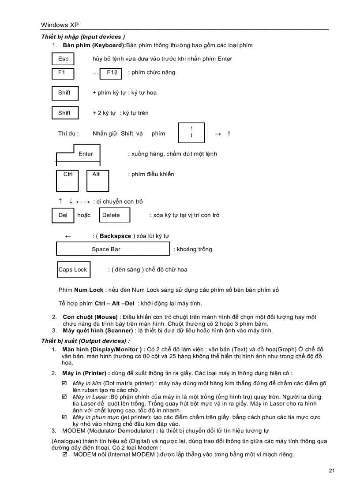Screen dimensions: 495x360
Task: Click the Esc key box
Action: click(63, 59)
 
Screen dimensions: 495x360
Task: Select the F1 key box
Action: click(63, 73)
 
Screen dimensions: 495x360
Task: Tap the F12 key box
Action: click(112, 73)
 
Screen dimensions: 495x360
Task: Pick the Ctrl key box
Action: click(68, 180)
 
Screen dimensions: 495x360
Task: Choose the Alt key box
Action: click(97, 180)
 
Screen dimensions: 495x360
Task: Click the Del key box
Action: click(63, 215)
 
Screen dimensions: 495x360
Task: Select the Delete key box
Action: click(114, 215)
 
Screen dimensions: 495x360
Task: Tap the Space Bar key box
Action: click(112, 249)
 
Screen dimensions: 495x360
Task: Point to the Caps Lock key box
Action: click(73, 270)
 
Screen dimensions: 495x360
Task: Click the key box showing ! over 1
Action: click(191, 133)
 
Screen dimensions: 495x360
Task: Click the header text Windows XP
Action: click(60, 25)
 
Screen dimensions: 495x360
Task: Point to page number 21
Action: click(332, 470)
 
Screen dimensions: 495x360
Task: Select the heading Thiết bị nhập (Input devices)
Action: click(83, 37)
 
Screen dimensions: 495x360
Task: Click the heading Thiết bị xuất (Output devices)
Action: click(86, 341)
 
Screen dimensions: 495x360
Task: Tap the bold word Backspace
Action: click(115, 236)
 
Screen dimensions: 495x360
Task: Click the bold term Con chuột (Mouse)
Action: click(90, 317)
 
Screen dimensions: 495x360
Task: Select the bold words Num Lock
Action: click(89, 290)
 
